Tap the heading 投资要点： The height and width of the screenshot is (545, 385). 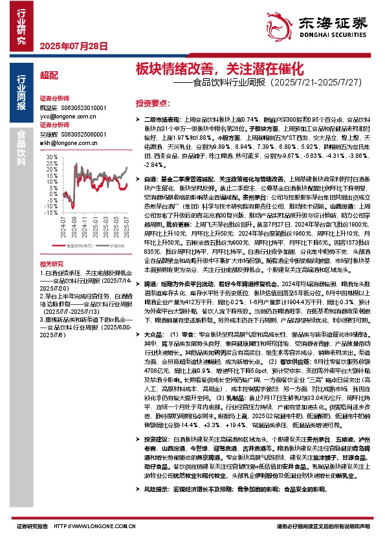point(153,103)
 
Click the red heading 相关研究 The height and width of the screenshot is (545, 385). point(51,264)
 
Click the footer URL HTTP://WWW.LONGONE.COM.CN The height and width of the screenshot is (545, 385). point(91,527)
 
